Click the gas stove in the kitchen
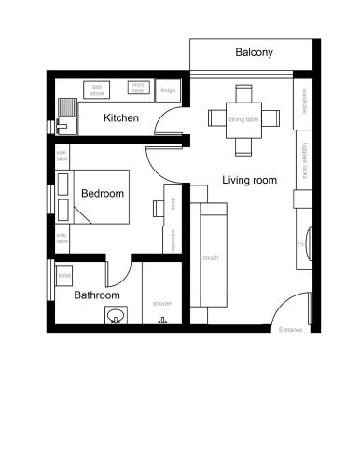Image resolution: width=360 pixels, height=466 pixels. pos(96,90)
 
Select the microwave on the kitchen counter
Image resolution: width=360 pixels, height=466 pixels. pos(137,89)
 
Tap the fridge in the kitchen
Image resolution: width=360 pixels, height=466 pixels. pos(168,90)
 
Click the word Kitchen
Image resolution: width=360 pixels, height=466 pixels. pos(121,118)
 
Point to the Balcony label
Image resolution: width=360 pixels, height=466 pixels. pos(254,53)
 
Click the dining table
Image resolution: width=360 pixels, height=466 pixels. pos(244,118)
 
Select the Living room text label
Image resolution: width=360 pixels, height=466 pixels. pos(249,180)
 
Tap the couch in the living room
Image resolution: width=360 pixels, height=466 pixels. pos(211,257)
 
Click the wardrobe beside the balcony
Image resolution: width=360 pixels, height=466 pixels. pos(304,101)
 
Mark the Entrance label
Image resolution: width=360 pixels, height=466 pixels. pos(290,329)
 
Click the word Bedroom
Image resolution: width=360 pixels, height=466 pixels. pos(103,194)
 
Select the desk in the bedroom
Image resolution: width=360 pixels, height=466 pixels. pos(172,203)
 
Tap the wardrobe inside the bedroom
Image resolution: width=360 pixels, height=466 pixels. pos(173,237)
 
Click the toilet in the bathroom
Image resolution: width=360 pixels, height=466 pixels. pos(63,276)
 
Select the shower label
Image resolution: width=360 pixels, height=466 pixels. pos(162,304)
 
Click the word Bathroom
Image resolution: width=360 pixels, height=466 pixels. pos(97,295)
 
